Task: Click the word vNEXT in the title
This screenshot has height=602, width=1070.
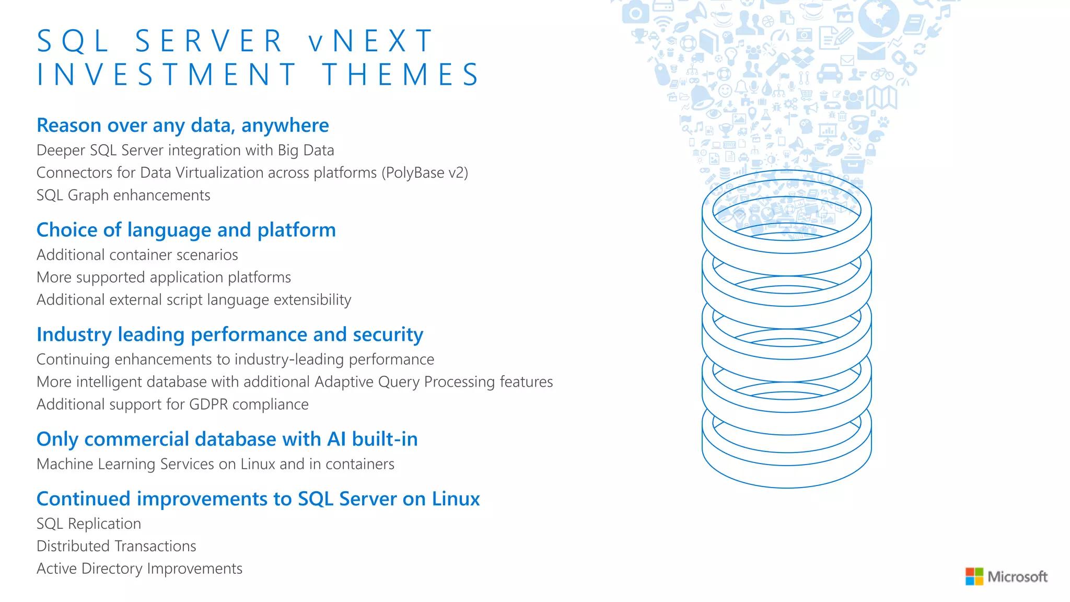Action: (x=371, y=41)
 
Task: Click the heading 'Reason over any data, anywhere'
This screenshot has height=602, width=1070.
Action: (x=183, y=125)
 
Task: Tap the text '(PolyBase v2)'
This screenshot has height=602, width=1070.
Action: (x=425, y=172)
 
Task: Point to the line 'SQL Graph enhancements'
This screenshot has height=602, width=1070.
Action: (x=123, y=195)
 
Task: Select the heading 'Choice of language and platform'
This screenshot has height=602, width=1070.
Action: (x=186, y=230)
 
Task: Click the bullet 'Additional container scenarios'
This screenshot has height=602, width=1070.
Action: (x=137, y=254)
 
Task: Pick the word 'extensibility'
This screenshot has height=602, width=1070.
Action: (x=312, y=299)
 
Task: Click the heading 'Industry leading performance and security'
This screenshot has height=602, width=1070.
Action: (x=230, y=334)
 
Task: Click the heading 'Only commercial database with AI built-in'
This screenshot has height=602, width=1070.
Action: (x=227, y=439)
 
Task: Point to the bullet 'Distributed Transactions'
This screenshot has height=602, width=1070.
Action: (x=117, y=546)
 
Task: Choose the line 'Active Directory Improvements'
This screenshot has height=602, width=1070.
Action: (x=139, y=568)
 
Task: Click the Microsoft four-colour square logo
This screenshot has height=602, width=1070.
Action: (x=974, y=576)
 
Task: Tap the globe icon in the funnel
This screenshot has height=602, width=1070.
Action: (x=878, y=18)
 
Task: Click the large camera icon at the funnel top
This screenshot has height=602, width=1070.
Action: (x=635, y=12)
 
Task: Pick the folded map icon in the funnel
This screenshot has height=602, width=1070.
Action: (x=881, y=98)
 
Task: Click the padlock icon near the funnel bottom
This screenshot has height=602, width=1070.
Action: (x=870, y=150)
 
